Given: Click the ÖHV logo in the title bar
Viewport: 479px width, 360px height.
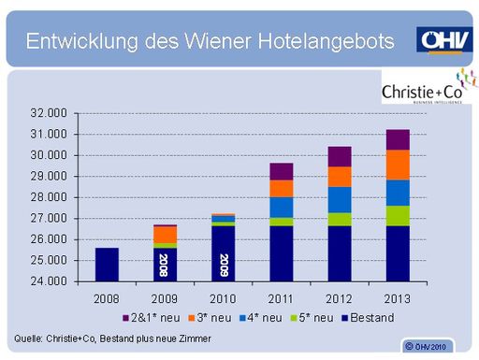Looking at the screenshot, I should (x=443, y=39).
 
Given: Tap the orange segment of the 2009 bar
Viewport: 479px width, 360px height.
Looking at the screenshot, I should (x=165, y=234).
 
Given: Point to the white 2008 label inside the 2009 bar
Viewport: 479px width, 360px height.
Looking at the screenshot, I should (x=165, y=265).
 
